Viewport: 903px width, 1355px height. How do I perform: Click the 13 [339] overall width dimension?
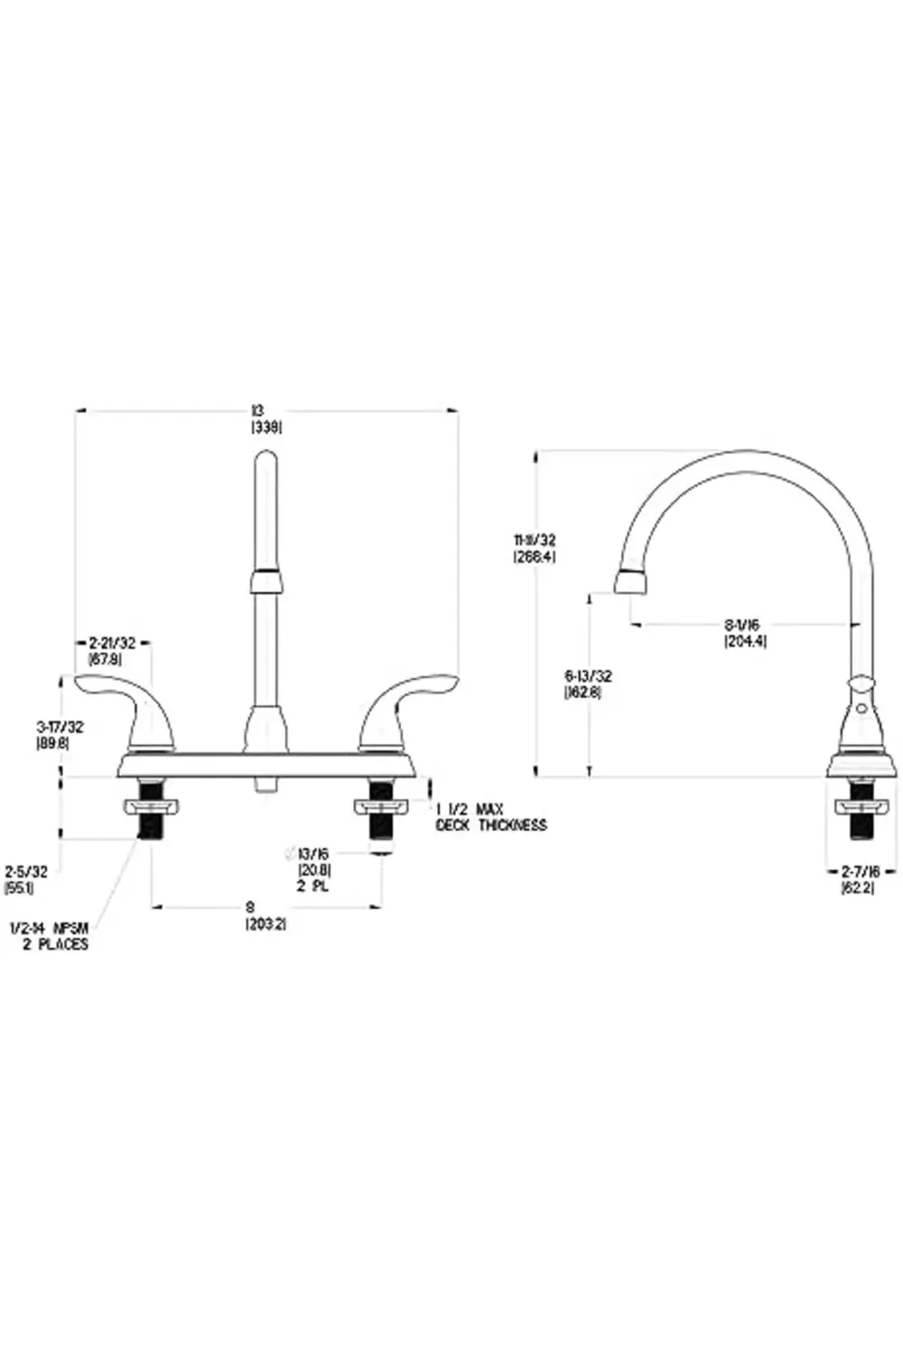[x=266, y=419]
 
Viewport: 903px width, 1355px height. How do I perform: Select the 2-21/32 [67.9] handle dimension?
[x=112, y=650]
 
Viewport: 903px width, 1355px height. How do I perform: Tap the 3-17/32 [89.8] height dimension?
[x=52, y=734]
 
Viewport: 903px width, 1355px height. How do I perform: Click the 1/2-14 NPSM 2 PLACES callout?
[x=50, y=936]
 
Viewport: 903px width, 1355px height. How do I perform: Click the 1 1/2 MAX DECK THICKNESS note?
[x=490, y=817]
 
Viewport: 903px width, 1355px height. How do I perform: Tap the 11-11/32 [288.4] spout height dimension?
[x=535, y=548]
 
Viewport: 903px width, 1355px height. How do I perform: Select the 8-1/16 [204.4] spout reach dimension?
[x=746, y=632]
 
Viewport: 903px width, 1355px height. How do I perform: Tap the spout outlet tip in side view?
[x=631, y=583]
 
